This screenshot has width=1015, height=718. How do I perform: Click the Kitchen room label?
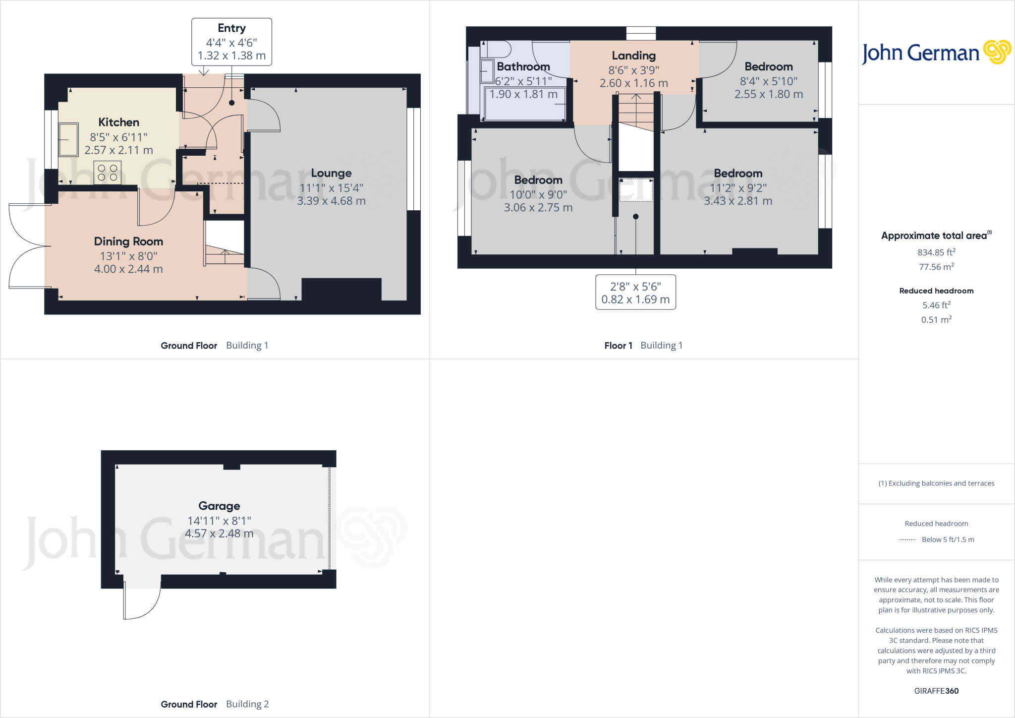118,122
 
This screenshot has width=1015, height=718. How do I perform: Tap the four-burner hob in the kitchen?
108,173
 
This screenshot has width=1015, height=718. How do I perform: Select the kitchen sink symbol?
68,139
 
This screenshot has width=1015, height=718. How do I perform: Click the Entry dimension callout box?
231,42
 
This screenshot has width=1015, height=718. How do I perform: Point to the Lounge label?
331,173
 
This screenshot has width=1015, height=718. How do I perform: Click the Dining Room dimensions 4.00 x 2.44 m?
128,269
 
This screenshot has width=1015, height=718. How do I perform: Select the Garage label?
219,506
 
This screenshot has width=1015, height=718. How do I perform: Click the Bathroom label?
523,66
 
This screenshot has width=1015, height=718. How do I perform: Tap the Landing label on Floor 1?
633,56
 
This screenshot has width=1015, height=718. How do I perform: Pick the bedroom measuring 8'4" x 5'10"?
768,80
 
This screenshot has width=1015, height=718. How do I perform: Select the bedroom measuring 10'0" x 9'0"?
538,194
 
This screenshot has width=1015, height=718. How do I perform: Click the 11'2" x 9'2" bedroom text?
738,187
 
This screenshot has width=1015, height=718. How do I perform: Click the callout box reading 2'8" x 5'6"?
635,293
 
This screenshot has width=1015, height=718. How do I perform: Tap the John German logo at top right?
936,53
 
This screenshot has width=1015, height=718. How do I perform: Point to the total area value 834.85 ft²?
936,252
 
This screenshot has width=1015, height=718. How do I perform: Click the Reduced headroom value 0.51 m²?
936,320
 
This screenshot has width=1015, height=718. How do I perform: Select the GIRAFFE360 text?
936,691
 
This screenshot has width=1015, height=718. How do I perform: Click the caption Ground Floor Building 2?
215,704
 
